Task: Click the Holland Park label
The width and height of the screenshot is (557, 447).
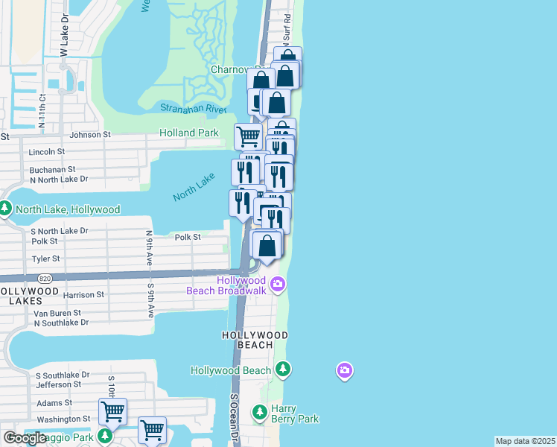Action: (189, 133)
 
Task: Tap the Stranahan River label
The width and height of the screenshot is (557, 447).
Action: (194, 109)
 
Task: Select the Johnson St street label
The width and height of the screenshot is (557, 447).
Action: (90, 135)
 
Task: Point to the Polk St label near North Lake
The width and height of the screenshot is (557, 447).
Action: (188, 237)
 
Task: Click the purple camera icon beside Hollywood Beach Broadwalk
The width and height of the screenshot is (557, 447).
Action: (278, 283)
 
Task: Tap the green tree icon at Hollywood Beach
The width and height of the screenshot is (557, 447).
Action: (282, 369)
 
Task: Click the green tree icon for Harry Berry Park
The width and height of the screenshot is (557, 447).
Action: (259, 411)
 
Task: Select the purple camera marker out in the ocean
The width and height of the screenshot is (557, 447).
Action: (344, 370)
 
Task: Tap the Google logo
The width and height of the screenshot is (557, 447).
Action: (24, 438)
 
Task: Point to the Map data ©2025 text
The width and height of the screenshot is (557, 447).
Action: (526, 441)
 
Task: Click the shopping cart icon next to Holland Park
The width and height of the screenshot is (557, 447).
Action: (247, 136)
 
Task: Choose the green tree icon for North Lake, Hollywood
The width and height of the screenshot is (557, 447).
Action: (6, 209)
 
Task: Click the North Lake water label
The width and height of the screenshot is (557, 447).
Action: (194, 187)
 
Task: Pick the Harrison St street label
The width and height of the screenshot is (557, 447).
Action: (84, 295)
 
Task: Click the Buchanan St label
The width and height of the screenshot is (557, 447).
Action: (52, 169)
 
